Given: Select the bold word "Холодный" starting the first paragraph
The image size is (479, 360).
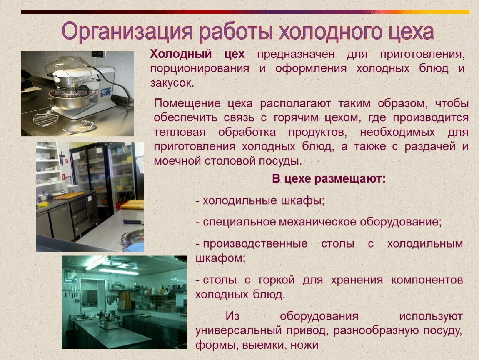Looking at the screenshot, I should point(180,55).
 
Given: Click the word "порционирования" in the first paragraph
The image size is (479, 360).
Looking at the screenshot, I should point(200,69).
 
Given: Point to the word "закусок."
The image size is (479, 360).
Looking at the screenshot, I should point(172,83).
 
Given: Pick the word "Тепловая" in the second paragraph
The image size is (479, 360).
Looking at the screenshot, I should point(180,132).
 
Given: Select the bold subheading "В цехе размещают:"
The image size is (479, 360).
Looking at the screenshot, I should point(329,179).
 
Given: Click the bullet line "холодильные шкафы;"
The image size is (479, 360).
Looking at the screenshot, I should point(262,200).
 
